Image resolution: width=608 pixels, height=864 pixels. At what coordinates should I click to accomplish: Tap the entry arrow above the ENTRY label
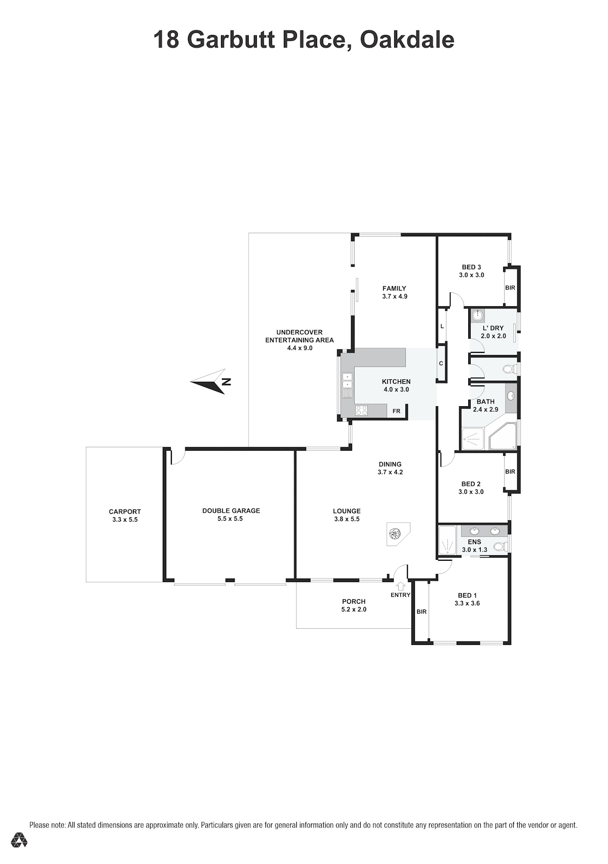pyautogui.click(x=401, y=586)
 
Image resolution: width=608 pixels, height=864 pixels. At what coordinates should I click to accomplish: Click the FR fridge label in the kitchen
pyautogui.click(x=396, y=411)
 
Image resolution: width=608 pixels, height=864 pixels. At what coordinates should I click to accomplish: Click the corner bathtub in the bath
pyautogui.click(x=503, y=437)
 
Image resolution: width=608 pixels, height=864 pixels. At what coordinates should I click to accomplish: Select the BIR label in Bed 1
pyautogui.click(x=422, y=611)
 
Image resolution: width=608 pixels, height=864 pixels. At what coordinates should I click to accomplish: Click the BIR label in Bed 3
pyautogui.click(x=510, y=287)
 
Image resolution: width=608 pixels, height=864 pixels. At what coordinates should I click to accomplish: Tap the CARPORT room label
pyautogui.click(x=125, y=512)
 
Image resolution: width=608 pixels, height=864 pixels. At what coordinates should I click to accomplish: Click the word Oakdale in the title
pyautogui.click(x=407, y=40)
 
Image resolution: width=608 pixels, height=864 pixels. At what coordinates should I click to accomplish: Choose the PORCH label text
pyautogui.click(x=354, y=601)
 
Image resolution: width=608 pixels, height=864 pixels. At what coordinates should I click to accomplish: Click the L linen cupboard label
pyautogui.click(x=442, y=327)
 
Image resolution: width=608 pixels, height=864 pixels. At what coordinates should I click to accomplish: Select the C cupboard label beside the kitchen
pyautogui.click(x=441, y=364)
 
